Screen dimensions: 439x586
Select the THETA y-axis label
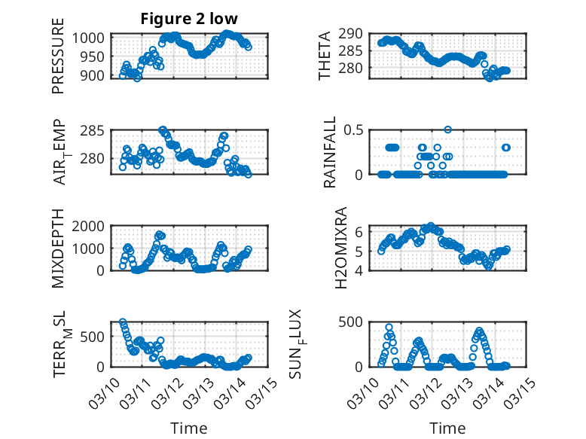pyautogui.click(x=325, y=56)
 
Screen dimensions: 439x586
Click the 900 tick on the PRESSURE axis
pyautogui.click(x=96, y=75)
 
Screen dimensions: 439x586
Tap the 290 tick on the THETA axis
pyautogui.click(x=355, y=33)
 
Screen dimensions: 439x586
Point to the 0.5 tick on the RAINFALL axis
pyautogui.click(x=355, y=130)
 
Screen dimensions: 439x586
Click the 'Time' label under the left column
pyautogui.click(x=189, y=428)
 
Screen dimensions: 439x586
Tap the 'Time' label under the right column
pyautogui.click(x=447, y=428)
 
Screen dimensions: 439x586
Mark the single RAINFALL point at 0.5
pyautogui.click(x=447, y=130)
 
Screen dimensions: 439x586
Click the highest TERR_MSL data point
pyautogui.click(x=123, y=322)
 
